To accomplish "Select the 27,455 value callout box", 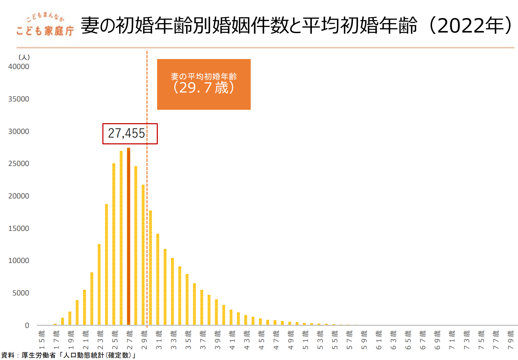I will pyautogui.click(x=130, y=134).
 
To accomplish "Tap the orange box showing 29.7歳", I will pyautogui.click(x=204, y=84).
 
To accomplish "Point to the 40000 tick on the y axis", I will pyautogui.click(x=19, y=67).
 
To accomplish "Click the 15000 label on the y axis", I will pyautogui.click(x=19, y=228).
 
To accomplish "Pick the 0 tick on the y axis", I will pyautogui.click(x=27, y=325).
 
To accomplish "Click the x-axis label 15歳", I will pyautogui.click(x=42, y=340).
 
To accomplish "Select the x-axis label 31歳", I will pyautogui.click(x=159, y=340).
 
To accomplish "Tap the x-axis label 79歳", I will pyautogui.click(x=510, y=340).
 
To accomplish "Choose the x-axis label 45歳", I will pyautogui.click(x=261, y=340).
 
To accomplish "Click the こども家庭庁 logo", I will pyautogui.click(x=45, y=25).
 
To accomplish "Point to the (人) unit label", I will pyautogui.click(x=24, y=57).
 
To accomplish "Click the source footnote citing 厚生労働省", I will pyautogui.click(x=68, y=355).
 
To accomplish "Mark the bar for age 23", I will pyautogui.click(x=99, y=284).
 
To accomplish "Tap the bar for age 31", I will pyautogui.click(x=158, y=279).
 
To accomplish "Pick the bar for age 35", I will pyautogui.click(x=187, y=300).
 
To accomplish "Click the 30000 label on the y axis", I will pyautogui.click(x=19, y=132).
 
